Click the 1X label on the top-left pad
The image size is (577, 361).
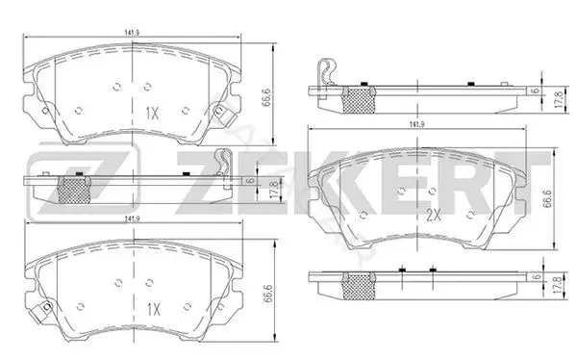152,114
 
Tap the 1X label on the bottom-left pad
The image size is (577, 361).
154,309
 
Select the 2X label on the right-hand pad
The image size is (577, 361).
434,215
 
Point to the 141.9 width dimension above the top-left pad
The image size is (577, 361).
132,33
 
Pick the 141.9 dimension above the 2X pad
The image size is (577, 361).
417,125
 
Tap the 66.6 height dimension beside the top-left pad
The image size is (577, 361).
266,97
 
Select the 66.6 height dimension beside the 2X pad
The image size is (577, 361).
547,199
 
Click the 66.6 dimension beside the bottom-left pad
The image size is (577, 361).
267,294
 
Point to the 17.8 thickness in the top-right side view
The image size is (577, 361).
560,99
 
